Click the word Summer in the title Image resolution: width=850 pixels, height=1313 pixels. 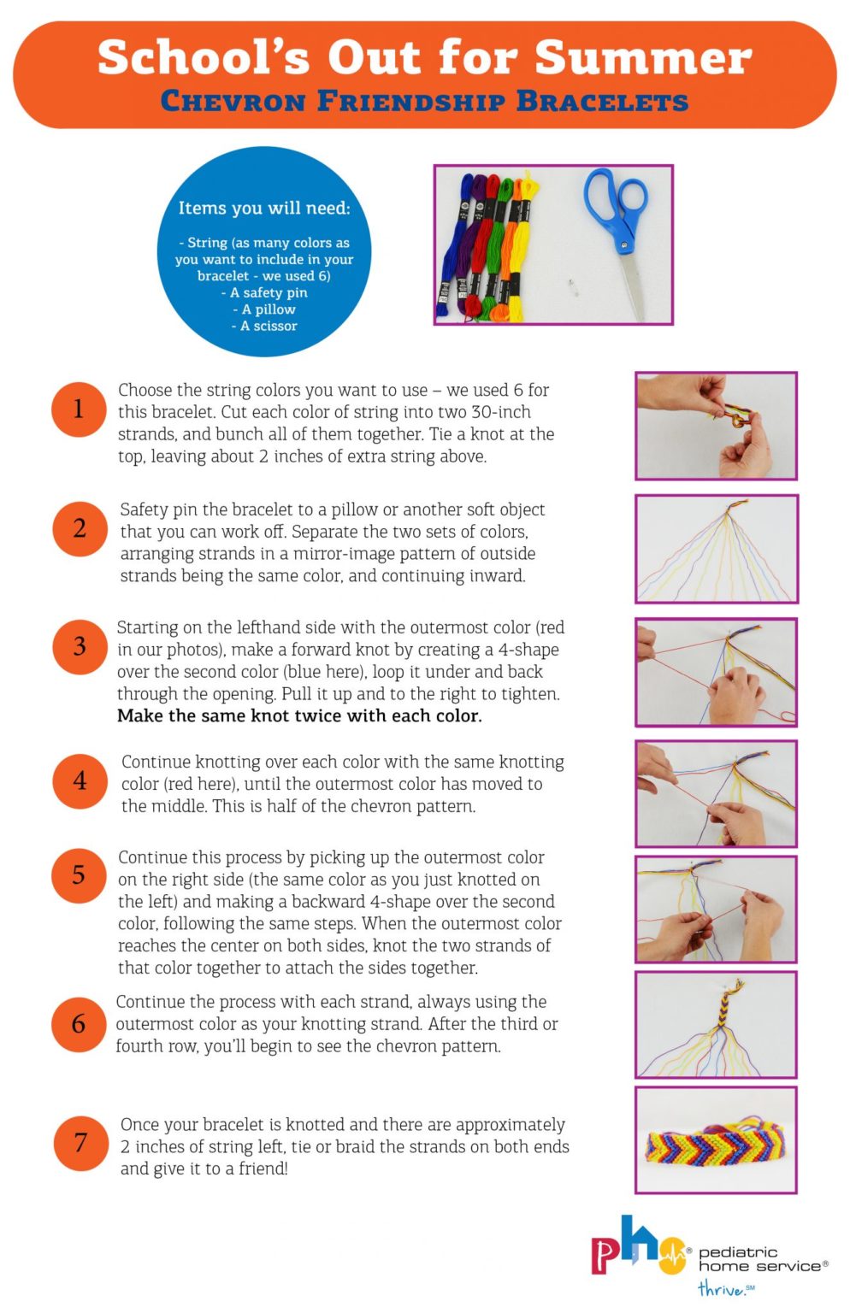pos(643,58)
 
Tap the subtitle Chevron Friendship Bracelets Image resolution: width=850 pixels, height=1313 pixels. pos(424,101)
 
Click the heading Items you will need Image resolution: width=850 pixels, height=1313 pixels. pos(263,208)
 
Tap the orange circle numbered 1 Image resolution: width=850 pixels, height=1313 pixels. pos(79,409)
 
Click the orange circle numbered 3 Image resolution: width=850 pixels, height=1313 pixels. pos(79,646)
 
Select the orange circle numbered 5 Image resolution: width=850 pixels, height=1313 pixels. pos(79,874)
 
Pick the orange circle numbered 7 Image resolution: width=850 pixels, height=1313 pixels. pos(80,1142)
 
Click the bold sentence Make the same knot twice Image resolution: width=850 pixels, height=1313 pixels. pos(299,716)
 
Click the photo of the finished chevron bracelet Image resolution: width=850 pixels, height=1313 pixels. pos(716,1139)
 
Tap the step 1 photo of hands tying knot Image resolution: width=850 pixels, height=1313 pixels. pos(716,426)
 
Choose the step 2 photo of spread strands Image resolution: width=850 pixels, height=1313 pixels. pos(716,549)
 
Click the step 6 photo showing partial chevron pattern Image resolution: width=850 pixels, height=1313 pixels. pos(716,1024)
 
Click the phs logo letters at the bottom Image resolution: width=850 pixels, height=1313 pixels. pos(637,1249)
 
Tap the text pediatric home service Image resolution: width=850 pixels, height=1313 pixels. pos(761,1259)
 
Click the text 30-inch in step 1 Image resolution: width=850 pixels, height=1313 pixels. pos(500,412)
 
